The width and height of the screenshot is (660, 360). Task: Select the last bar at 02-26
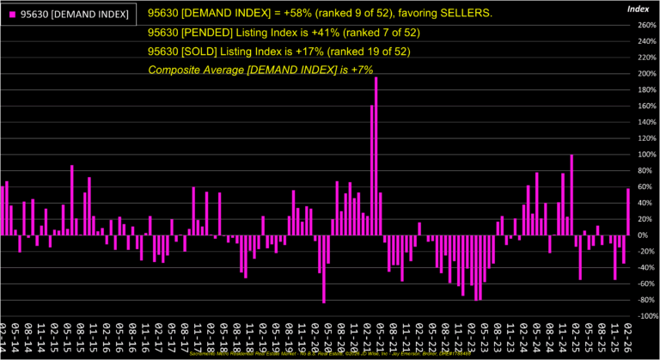pyautogui.click(x=628, y=212)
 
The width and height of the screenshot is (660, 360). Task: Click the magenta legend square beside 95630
pyautogui.click(x=12, y=15)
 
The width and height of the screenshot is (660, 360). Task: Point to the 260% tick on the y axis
pyautogui.click(x=644, y=25)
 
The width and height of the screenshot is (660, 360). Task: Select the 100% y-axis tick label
pyautogui.click(x=644, y=155)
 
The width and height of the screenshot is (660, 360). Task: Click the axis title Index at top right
pyautogui.click(x=639, y=8)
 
